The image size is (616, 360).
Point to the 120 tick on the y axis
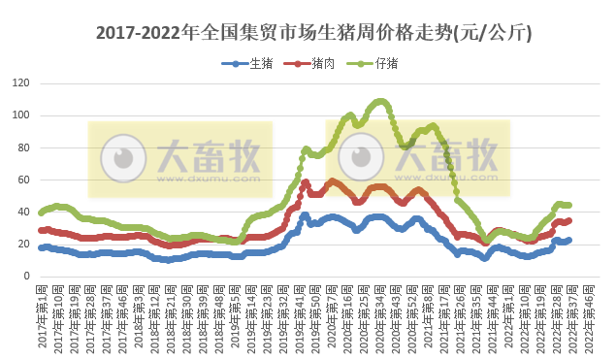pos(19,83)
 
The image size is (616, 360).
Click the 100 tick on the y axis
pos(19,115)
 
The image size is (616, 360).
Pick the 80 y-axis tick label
pos(22,147)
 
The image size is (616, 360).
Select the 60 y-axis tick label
pos(22,180)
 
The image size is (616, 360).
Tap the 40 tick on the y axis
pos(22,212)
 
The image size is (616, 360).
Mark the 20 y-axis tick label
pos(22,244)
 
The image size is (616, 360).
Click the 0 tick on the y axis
pos(25,276)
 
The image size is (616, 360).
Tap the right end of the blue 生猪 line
pos(568,240)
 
